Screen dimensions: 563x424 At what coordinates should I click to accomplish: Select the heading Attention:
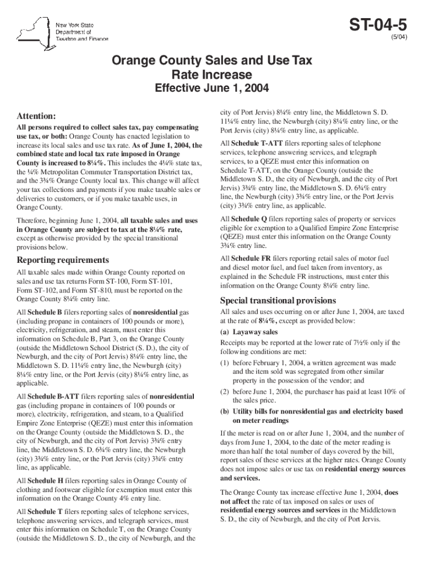(x=36, y=117)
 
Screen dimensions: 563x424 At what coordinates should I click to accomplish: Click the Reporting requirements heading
(x=63, y=260)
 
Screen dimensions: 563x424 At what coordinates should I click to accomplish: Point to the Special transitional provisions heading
(x=278, y=300)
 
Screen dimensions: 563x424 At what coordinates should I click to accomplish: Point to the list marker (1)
(x=225, y=363)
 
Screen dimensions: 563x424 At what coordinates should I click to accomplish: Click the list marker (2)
(x=225, y=391)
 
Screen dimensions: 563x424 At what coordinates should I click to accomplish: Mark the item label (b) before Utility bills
(x=225, y=411)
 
